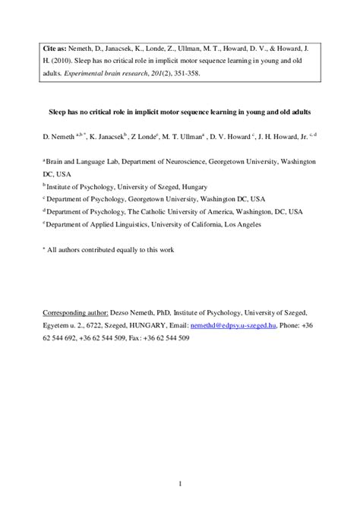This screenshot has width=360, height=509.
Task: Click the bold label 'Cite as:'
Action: tap(56, 47)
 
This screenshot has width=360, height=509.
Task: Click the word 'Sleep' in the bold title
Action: tap(71, 112)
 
